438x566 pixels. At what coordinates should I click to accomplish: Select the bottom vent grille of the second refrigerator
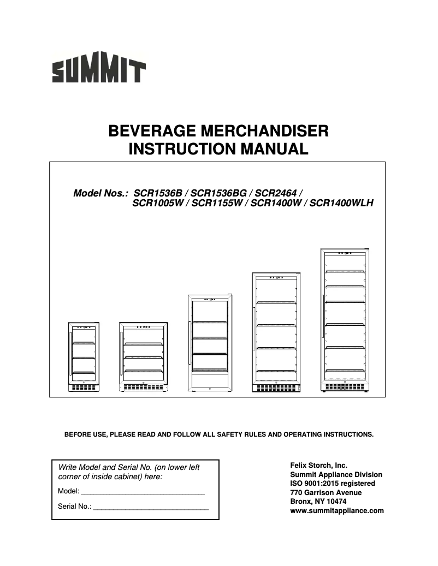pos(144,388)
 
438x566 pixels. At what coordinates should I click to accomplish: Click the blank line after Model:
pos(142,492)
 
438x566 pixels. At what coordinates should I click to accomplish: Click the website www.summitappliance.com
pos(336,511)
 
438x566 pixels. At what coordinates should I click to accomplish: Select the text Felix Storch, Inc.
pos(318,466)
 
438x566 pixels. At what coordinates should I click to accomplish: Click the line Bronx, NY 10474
pos(318,502)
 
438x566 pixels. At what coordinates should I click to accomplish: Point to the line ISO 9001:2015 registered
pos(332,484)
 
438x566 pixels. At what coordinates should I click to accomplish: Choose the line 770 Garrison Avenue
pos(325,493)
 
